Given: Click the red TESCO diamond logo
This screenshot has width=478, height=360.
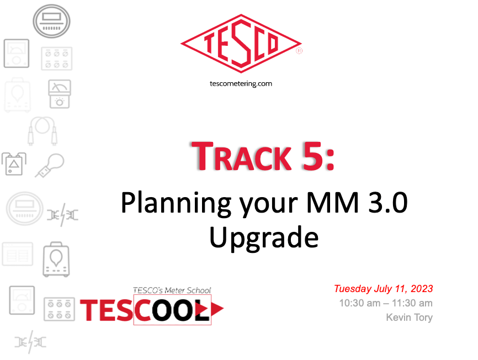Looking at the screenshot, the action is tap(241, 44).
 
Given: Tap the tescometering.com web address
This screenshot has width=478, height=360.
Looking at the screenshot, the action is tap(241, 83).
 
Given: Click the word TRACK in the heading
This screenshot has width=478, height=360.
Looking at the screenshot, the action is tap(241, 156).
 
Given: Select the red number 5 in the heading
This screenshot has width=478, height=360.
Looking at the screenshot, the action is tap(312, 156).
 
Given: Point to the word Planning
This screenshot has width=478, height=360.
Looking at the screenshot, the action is tap(176, 204).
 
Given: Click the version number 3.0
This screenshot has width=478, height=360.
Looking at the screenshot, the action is tap(388, 202).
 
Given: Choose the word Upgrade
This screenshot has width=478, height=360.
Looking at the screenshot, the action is tap(264, 239).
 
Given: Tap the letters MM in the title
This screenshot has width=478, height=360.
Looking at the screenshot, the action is tap(332, 202).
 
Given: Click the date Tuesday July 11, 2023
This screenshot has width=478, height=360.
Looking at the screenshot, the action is tap(383, 289).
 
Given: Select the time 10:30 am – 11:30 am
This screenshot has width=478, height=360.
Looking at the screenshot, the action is tap(386, 303).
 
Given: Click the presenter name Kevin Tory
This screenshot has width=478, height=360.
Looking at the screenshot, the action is tap(409, 317).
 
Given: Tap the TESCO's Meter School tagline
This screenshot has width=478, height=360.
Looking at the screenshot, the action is tap(172, 290).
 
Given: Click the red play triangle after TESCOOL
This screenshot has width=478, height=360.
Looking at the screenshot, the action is tap(217, 309).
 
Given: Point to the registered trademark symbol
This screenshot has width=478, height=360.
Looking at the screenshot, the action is tap(299, 51).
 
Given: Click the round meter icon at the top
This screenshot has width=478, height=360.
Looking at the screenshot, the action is tap(51, 21).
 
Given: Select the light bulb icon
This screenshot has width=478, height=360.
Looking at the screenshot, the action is tap(50, 165).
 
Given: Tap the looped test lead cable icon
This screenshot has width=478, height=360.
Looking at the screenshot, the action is tap(43, 130).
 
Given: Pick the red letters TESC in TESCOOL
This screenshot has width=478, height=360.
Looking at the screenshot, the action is tap(115, 310).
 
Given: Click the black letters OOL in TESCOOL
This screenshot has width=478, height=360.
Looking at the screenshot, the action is tap(180, 310).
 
